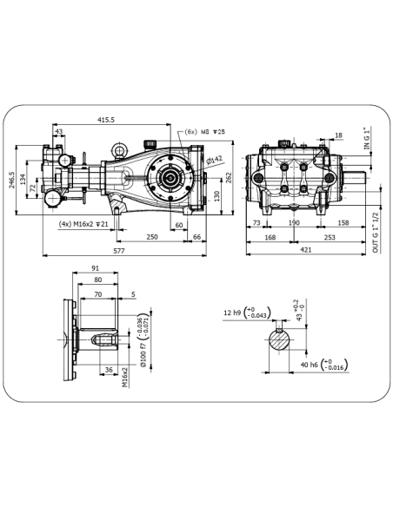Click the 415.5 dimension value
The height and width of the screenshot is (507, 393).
coord(106,120)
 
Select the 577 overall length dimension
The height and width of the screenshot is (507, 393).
coord(119,251)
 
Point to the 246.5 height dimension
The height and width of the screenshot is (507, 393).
coord(11,180)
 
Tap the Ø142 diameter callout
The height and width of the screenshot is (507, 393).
coord(214,160)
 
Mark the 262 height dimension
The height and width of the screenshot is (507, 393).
coord(229,178)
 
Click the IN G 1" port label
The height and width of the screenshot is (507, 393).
coord(366,138)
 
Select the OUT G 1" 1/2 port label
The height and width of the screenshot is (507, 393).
coord(376,233)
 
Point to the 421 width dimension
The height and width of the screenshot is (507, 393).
coord(306,250)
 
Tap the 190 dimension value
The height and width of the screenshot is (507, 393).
coord(294,223)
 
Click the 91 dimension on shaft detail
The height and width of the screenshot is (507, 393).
coord(95,268)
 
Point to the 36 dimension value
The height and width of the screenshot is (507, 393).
coord(109,370)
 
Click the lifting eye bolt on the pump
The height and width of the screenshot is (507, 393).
coord(119,151)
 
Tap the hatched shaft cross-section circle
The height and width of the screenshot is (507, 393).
coord(279,339)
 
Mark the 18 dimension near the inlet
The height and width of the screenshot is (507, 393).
coord(338,135)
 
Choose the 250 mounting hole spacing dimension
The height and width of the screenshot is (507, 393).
coord(152,237)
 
